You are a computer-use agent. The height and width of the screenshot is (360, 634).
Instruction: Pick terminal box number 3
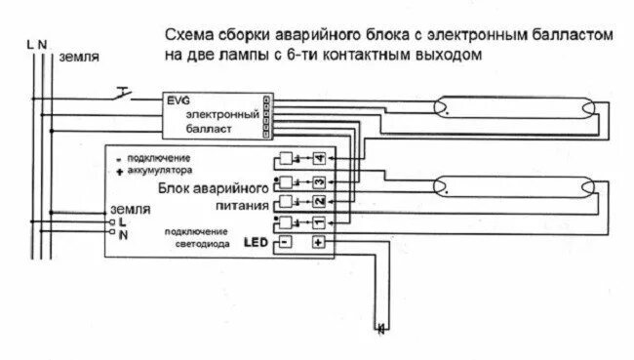pyautogui.click(x=318, y=182)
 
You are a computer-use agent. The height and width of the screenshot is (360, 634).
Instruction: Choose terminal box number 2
pyautogui.click(x=318, y=202)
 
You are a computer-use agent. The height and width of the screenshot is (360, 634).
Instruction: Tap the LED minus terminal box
pyautogui.click(x=286, y=241)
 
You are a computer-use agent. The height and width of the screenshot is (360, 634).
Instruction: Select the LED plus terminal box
pyautogui.click(x=318, y=241)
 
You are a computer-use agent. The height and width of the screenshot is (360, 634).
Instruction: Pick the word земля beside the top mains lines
pyautogui.click(x=78, y=58)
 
